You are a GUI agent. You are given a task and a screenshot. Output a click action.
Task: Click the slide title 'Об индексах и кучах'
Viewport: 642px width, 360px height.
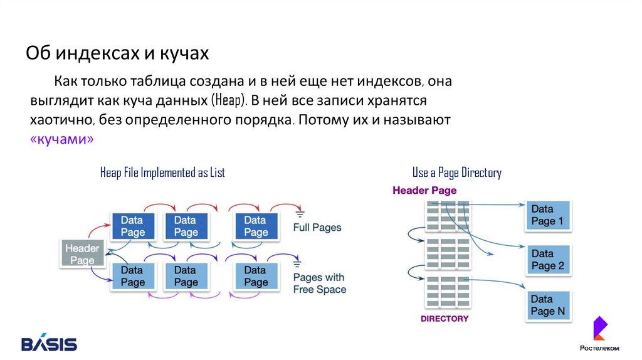click(117, 54)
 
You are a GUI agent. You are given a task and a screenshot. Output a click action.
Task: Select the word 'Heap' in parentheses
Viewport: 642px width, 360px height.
click(229, 100)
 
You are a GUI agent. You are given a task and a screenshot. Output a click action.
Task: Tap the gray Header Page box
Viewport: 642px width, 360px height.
click(82, 254)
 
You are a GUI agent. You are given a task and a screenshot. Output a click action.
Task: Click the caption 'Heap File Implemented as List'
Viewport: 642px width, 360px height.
click(162, 172)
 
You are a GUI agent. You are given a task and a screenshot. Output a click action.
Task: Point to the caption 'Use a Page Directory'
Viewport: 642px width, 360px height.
click(456, 172)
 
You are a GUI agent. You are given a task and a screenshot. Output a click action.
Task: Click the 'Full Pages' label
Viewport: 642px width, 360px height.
click(317, 227)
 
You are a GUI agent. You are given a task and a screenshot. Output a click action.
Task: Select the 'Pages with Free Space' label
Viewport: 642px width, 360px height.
click(319, 283)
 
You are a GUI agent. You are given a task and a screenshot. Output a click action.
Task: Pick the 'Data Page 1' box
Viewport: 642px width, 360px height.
click(547, 214)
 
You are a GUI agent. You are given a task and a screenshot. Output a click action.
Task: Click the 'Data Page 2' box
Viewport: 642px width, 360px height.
click(547, 260)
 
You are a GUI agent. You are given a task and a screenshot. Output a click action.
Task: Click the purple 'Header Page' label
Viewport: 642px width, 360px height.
click(424, 190)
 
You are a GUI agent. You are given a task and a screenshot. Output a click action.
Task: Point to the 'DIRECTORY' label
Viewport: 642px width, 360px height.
click(445, 319)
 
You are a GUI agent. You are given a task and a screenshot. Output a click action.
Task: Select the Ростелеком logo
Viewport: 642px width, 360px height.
click(599, 336)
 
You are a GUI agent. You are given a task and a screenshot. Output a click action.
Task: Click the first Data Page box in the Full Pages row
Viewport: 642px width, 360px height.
click(132, 226)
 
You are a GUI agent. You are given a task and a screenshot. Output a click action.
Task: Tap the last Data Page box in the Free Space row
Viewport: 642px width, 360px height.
click(255, 276)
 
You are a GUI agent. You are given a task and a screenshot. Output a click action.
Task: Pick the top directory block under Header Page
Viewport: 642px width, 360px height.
click(447, 216)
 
